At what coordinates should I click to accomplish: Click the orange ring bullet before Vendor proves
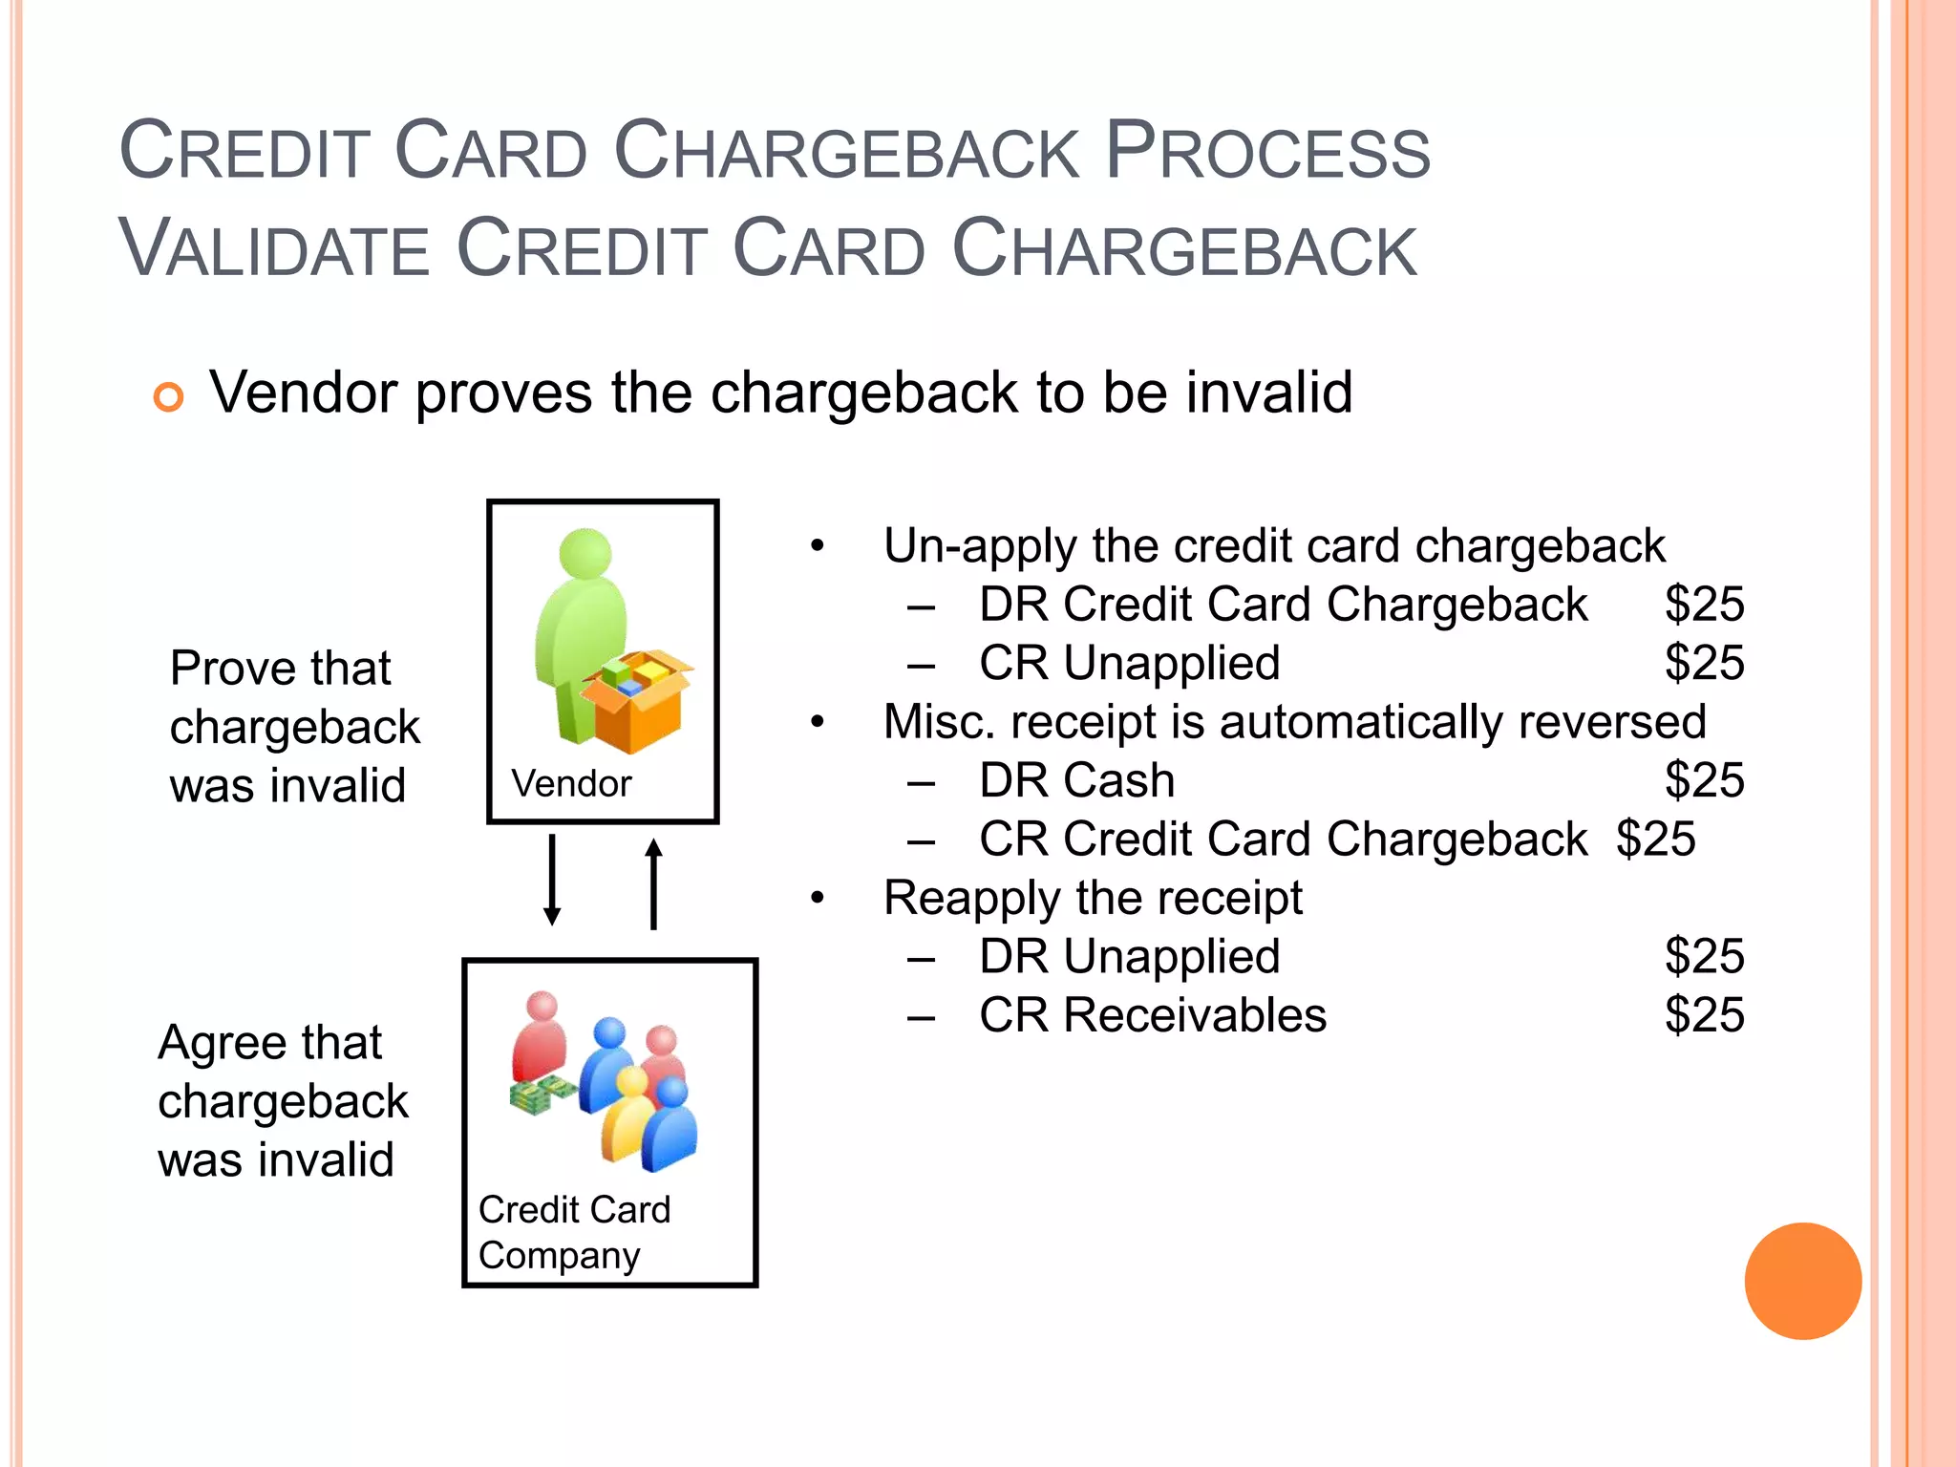(168, 396)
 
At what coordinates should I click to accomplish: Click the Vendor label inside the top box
(571, 784)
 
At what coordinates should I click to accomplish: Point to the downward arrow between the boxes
(552, 880)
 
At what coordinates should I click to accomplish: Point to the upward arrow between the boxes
(653, 883)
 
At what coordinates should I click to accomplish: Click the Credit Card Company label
(573, 1232)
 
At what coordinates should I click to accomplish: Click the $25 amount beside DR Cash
(1704, 780)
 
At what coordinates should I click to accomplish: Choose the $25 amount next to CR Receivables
(1704, 1015)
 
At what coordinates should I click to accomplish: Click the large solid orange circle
(1802, 1281)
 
